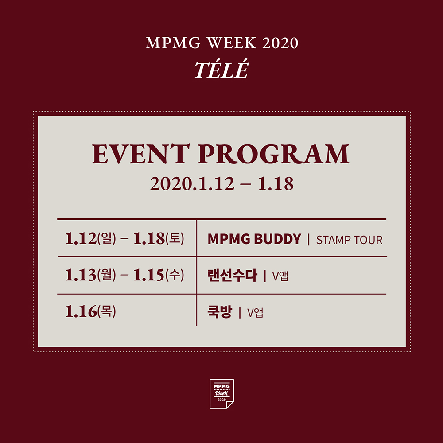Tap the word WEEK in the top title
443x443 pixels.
[232, 43]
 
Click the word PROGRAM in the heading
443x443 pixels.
[273, 154]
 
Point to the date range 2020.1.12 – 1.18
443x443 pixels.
[222, 184]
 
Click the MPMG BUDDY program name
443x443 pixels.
[254, 239]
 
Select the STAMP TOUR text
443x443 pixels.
[349, 240]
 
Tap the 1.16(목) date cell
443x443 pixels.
[90, 311]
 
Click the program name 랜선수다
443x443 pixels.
[232, 276]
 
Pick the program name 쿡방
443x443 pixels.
[220, 312]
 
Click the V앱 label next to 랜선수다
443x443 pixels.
[280, 276]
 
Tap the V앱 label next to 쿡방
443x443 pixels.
[255, 313]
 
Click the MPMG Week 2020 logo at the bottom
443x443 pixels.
[221, 394]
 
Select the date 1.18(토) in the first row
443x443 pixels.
[159, 238]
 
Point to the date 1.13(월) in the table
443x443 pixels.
[90, 275]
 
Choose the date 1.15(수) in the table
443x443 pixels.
[159, 275]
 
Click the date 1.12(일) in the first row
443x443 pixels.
[90, 238]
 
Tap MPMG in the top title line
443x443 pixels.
[173, 43]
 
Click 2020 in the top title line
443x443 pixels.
[280, 43]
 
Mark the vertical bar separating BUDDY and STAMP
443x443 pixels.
[308, 240]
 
